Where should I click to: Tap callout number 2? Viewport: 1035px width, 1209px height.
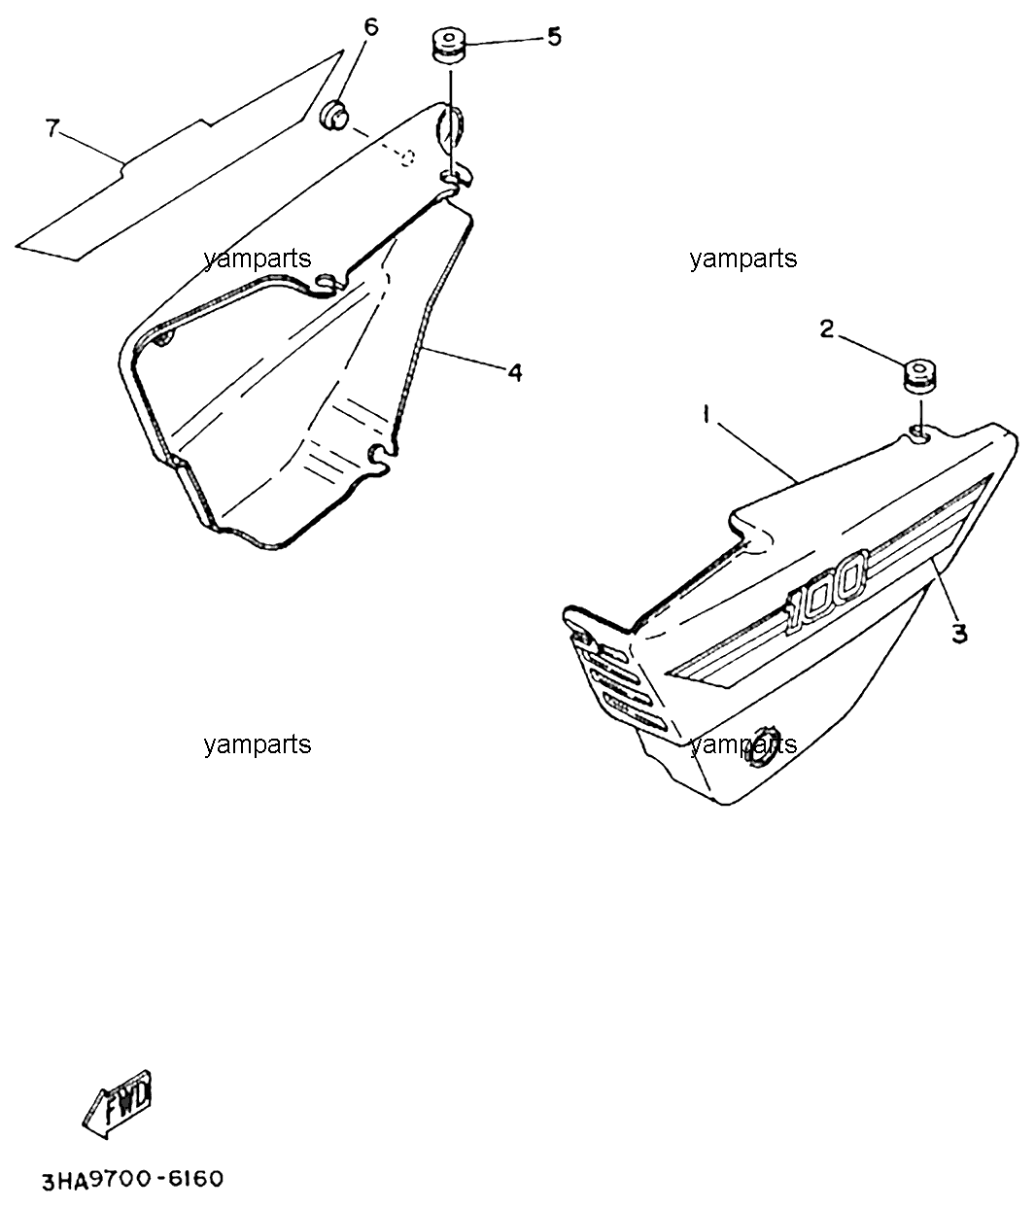(x=826, y=329)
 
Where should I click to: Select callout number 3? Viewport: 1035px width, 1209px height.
(x=959, y=634)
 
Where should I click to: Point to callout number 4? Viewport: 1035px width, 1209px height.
(x=514, y=372)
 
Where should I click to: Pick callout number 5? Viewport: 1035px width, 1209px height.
(x=554, y=37)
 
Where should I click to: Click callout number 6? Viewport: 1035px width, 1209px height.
(x=370, y=27)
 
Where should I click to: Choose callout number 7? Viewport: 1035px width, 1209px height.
(x=52, y=127)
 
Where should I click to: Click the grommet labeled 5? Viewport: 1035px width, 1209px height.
(x=449, y=45)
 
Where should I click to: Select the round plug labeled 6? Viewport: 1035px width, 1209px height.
(x=334, y=116)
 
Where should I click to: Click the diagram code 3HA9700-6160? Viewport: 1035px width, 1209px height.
(x=133, y=1181)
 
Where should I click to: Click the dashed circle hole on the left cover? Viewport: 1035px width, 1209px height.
(x=407, y=157)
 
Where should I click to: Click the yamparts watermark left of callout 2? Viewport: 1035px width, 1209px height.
(x=743, y=258)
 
